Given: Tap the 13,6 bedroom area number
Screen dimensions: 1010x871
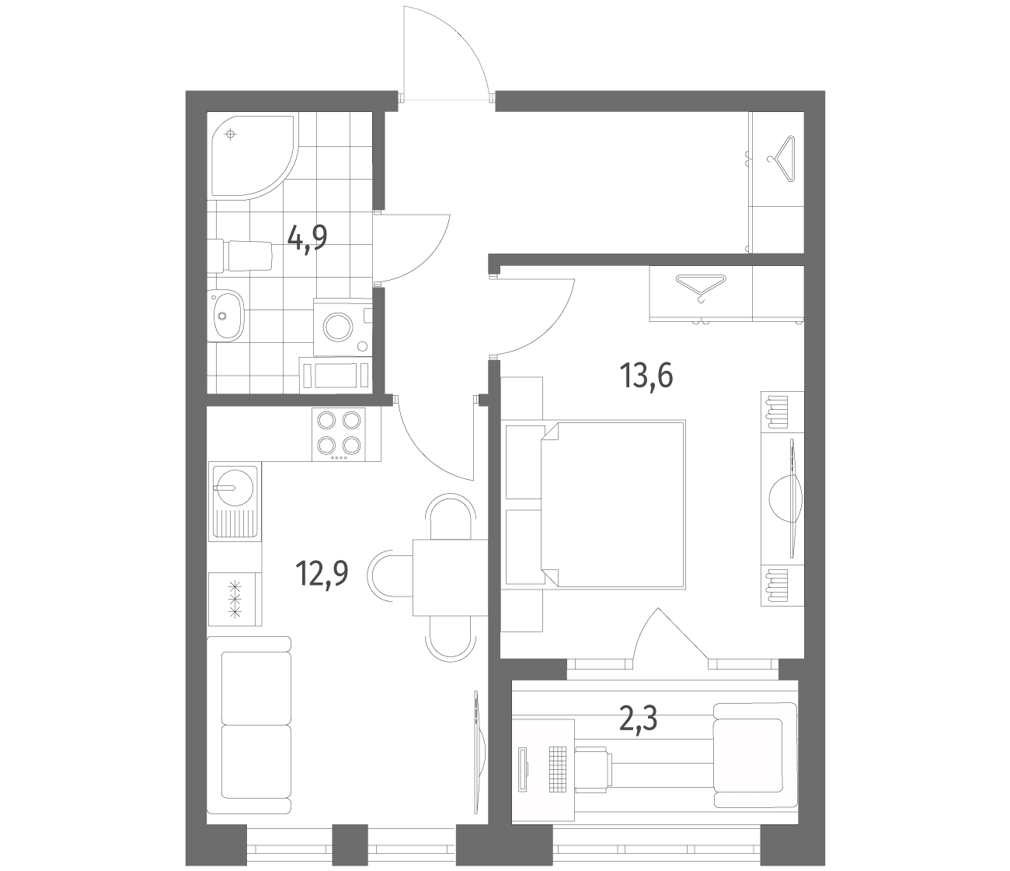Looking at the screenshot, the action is pos(646,376).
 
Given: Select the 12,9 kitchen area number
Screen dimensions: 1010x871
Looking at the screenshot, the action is pos(322,574).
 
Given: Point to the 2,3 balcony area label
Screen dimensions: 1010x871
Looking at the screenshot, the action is pos(638,719).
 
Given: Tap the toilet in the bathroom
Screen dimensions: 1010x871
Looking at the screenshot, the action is pos(239,255).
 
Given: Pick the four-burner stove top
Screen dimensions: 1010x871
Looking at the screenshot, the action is pos(339,434).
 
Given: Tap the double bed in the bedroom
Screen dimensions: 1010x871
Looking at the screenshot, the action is pos(613,504).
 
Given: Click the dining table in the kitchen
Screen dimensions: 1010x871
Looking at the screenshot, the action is pos(451,577).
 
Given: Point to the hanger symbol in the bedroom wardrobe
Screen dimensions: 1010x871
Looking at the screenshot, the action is pos(700,288).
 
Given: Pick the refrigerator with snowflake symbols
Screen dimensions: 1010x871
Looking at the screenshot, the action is pos(235,599).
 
